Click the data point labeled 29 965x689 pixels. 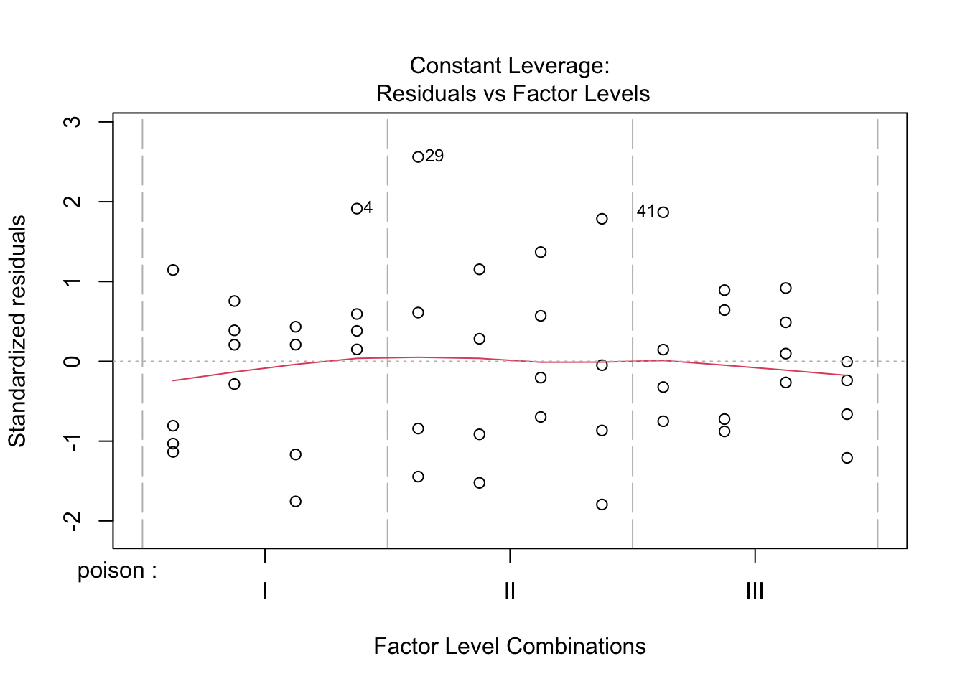pos(418,157)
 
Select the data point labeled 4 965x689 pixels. pos(357,209)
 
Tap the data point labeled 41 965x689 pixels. pos(663,212)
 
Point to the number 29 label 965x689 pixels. pos(434,156)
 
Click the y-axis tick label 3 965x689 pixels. pos(73,122)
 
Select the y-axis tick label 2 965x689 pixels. pos(73,202)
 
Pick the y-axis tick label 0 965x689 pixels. pos(73,361)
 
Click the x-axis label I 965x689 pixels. pos(265,591)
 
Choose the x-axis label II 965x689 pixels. pos(510,591)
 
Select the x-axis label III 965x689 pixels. pos(755,591)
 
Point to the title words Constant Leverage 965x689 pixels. pos(509,66)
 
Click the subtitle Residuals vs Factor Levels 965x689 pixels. pos(513,94)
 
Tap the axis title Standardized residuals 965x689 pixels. pos(17,331)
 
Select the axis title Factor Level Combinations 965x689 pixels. pos(509,647)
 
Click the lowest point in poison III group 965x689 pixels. pos(847,458)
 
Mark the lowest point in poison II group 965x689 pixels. pos(602,505)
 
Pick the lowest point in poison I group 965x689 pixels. pos(296,502)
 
